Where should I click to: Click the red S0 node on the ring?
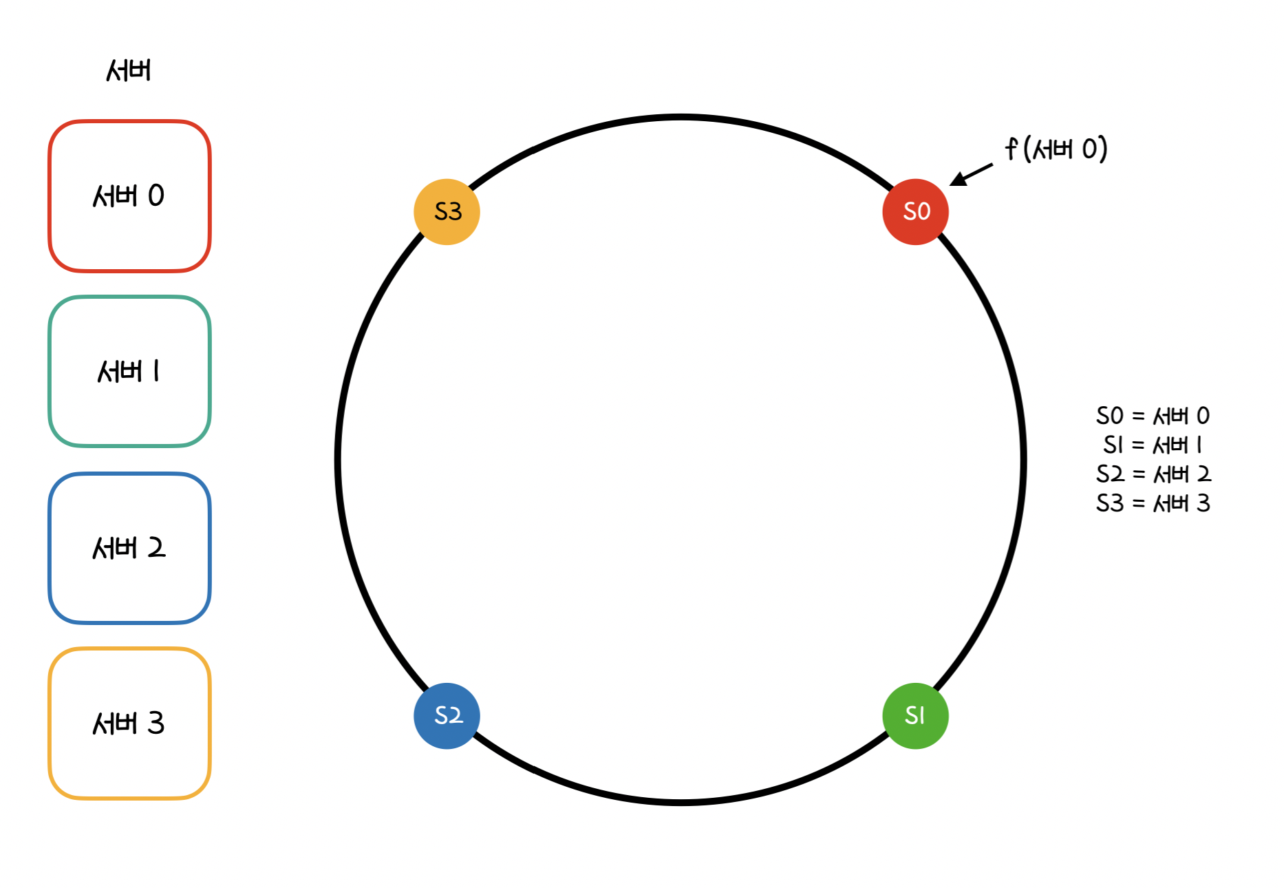[915, 212]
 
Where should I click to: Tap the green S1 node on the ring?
[915, 716]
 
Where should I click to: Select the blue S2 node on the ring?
[447, 716]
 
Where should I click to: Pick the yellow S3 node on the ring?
[447, 212]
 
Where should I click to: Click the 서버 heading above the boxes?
[129, 70]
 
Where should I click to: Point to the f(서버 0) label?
[1056, 149]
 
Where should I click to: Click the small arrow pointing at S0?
[971, 175]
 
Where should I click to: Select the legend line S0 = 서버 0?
[1153, 416]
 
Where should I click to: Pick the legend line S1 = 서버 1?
[1153, 445]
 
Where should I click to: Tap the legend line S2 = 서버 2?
[1153, 474]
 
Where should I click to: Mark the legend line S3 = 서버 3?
[1153, 504]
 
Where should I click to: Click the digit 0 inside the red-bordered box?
[156, 196]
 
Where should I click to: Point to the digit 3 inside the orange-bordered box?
[156, 723]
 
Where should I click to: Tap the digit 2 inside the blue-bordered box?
[156, 548]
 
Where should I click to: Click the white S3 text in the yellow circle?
[448, 211]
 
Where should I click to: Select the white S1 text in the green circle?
[914, 716]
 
